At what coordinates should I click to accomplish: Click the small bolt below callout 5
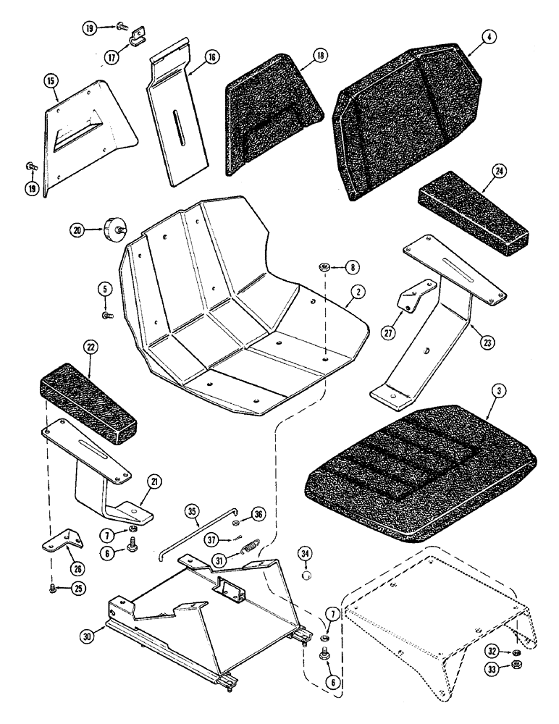pos(106,316)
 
